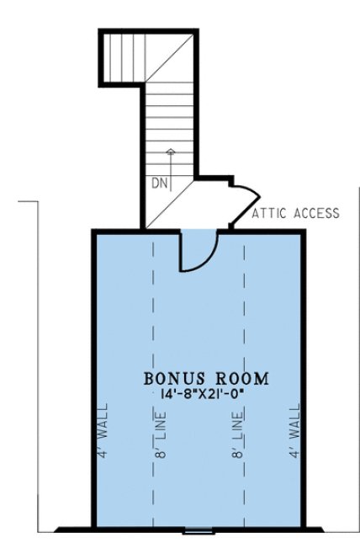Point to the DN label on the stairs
point(160,182)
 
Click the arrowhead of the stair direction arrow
point(171,152)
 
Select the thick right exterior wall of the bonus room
point(303,379)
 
